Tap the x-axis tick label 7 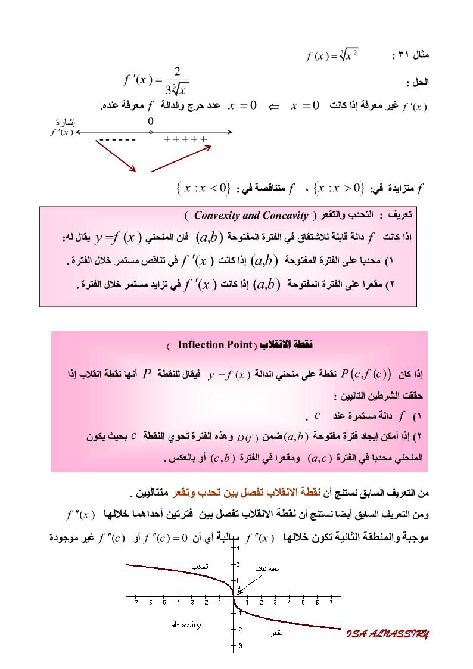(x=331, y=603)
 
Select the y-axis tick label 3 (x=237, y=547)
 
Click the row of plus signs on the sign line (x=185, y=141)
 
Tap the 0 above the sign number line (x=151, y=121)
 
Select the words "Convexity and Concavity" (x=251, y=215)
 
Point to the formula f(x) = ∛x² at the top (x=332, y=57)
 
